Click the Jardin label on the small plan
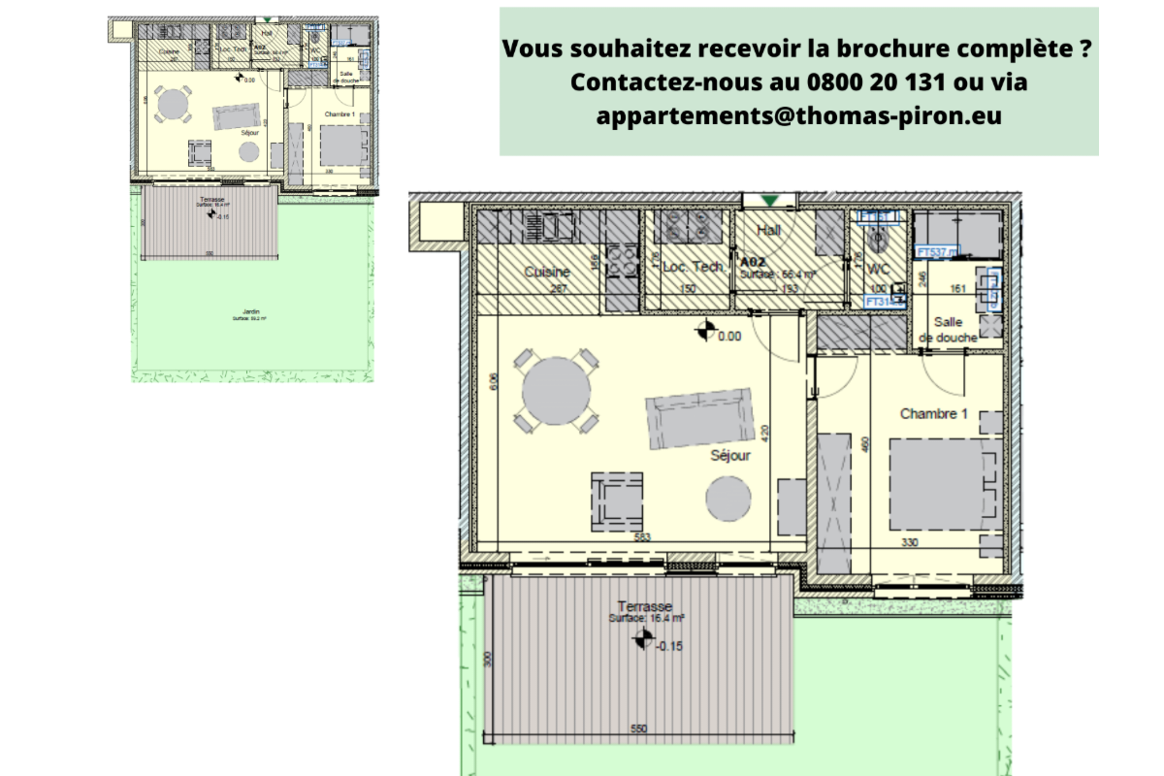pyautogui.click(x=250, y=311)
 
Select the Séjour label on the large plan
pyautogui.click(x=730, y=454)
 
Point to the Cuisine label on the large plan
pyautogui.click(x=546, y=273)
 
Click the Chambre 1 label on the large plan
pyautogui.click(x=934, y=413)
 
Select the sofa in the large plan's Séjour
pyautogui.click(x=700, y=418)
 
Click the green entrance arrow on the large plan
pyautogui.click(x=770, y=201)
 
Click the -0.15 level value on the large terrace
pyautogui.click(x=669, y=646)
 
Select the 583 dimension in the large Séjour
pyautogui.click(x=642, y=536)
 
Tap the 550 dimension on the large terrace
pyautogui.click(x=638, y=729)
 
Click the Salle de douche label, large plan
pyautogui.click(x=952, y=330)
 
